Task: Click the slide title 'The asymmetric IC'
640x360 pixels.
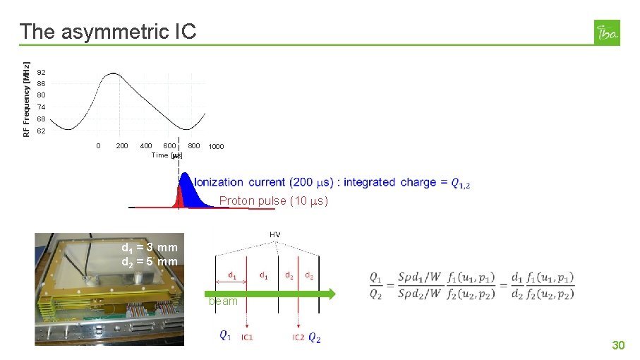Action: click(108, 32)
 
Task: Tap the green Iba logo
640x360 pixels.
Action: click(608, 32)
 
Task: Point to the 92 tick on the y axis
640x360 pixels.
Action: click(42, 73)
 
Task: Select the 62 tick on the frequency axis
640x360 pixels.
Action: click(42, 131)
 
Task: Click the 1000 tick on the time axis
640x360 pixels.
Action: click(216, 147)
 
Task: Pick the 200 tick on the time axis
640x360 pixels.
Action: click(122, 146)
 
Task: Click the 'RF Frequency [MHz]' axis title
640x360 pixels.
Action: click(26, 90)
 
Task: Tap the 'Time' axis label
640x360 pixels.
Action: click(160, 155)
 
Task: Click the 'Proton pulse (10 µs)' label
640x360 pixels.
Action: click(274, 201)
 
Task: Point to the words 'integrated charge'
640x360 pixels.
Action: click(387, 182)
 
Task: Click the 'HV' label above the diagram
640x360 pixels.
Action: click(275, 234)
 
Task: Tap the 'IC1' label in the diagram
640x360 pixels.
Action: click(247, 337)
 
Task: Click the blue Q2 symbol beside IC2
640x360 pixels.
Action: click(315, 338)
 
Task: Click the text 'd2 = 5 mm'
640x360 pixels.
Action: click(150, 262)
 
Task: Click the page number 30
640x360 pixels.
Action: click(618, 345)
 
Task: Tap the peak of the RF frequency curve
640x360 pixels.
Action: click(113, 73)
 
